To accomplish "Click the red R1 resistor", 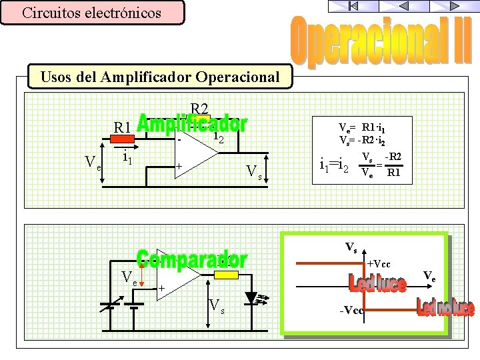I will point(121,139).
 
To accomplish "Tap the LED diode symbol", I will point(252,297).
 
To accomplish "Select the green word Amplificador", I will point(191,124).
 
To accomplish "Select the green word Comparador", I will point(192,259).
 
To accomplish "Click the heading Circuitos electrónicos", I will point(91,13).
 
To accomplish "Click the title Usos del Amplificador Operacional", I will point(160,77).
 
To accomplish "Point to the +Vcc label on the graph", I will point(379,264).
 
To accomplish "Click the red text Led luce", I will point(377,285).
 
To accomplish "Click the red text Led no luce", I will point(445,308).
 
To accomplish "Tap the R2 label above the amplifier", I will point(199,109).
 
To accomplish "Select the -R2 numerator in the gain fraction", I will point(393,157).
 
